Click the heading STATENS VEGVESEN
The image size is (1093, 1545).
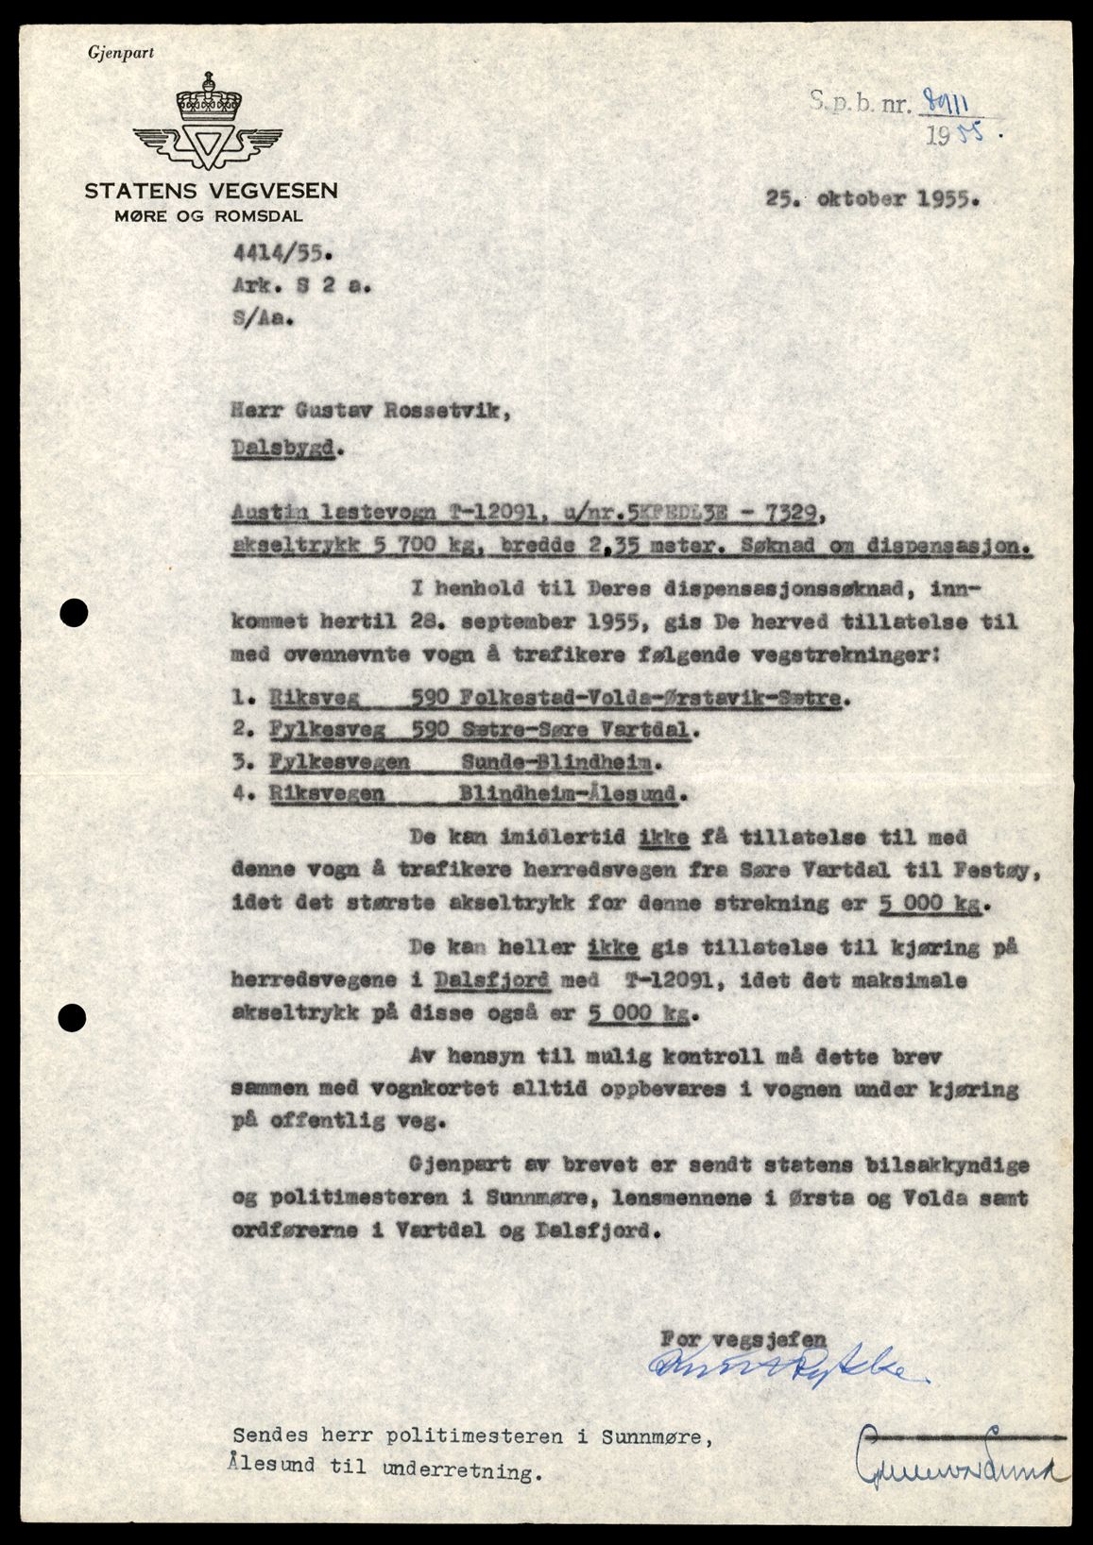(x=211, y=191)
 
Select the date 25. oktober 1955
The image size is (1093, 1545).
(x=874, y=200)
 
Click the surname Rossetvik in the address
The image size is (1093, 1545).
(x=442, y=409)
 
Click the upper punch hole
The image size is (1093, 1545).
(x=74, y=614)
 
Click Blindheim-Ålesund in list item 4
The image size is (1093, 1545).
(x=568, y=793)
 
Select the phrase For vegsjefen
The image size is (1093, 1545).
(x=743, y=1338)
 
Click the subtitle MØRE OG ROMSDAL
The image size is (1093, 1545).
(x=209, y=215)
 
